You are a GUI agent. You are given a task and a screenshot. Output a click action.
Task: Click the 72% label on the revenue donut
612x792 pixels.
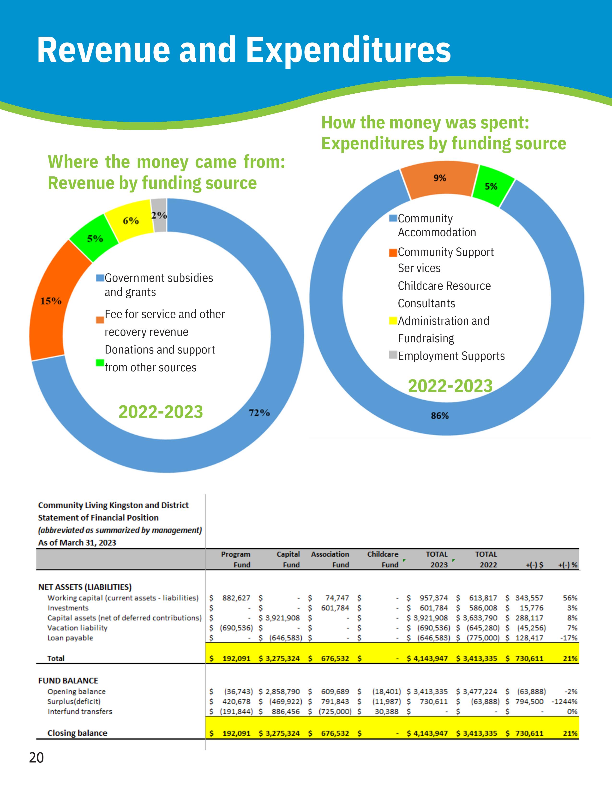(259, 413)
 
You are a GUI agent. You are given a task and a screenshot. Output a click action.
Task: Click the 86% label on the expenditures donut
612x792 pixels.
(439, 416)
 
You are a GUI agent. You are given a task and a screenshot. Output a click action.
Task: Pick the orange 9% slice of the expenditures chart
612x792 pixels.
(440, 180)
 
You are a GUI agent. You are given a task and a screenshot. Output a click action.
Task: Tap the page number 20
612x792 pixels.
(36, 758)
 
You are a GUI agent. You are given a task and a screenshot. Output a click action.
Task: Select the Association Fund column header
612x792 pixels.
(330, 559)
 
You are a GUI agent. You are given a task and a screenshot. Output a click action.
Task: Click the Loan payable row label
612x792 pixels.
(70, 638)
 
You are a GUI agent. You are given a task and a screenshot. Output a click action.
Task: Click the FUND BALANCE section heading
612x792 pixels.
(68, 681)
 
